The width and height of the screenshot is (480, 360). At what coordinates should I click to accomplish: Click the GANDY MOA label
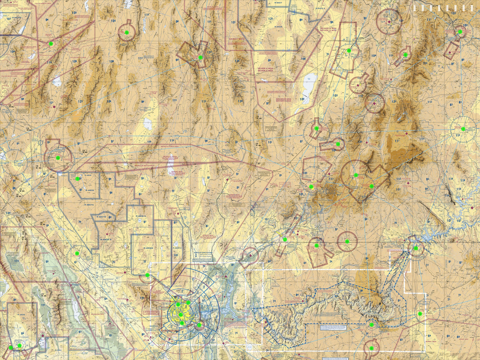click(236, 39)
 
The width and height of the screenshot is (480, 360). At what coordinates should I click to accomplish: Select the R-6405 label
click(278, 27)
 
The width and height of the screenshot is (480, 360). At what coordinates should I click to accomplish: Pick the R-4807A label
click(89, 204)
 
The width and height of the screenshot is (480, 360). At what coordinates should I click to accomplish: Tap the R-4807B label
click(102, 217)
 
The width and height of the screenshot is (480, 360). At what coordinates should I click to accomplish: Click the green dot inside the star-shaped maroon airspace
click(200, 57)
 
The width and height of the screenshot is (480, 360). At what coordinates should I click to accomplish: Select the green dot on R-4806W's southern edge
click(147, 275)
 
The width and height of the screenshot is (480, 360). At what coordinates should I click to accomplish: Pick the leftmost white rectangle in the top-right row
click(415, 8)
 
